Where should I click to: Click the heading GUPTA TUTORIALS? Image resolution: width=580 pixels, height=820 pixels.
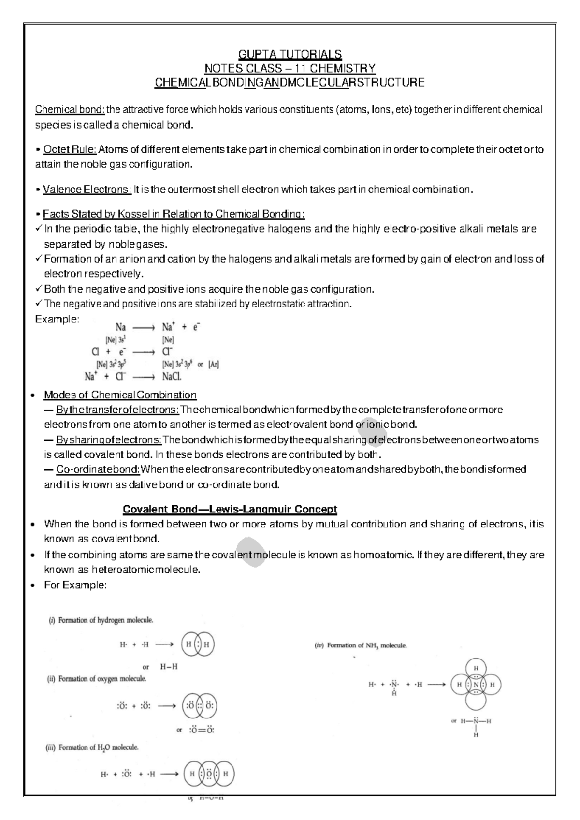tap(290, 54)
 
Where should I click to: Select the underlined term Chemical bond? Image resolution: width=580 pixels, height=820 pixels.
tap(70, 110)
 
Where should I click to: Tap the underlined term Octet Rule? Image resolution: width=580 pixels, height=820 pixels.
tap(70, 149)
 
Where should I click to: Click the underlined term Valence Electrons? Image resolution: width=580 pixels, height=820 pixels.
tap(87, 189)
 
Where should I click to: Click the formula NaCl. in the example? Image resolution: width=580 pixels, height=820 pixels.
tap(172, 376)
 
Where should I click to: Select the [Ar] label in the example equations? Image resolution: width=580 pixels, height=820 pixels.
tap(213, 365)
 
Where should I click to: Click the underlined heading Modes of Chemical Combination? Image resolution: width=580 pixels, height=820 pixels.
tap(120, 395)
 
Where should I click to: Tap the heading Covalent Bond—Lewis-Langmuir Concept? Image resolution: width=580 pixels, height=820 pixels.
tap(230, 509)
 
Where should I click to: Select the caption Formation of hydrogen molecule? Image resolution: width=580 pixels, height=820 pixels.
tap(106, 620)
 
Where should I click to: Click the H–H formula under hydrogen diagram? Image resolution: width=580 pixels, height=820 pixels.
tap(169, 666)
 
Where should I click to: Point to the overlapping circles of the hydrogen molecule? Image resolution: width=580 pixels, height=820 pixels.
tap(197, 644)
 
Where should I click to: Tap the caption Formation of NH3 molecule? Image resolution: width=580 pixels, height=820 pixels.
tap(366, 645)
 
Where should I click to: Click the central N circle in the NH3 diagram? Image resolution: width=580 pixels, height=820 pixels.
tap(476, 685)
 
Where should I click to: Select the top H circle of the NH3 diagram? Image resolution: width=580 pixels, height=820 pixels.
tap(476, 668)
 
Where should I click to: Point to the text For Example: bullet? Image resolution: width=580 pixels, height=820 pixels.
tap(75, 585)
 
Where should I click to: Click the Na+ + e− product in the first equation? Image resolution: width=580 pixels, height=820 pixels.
tap(181, 327)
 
